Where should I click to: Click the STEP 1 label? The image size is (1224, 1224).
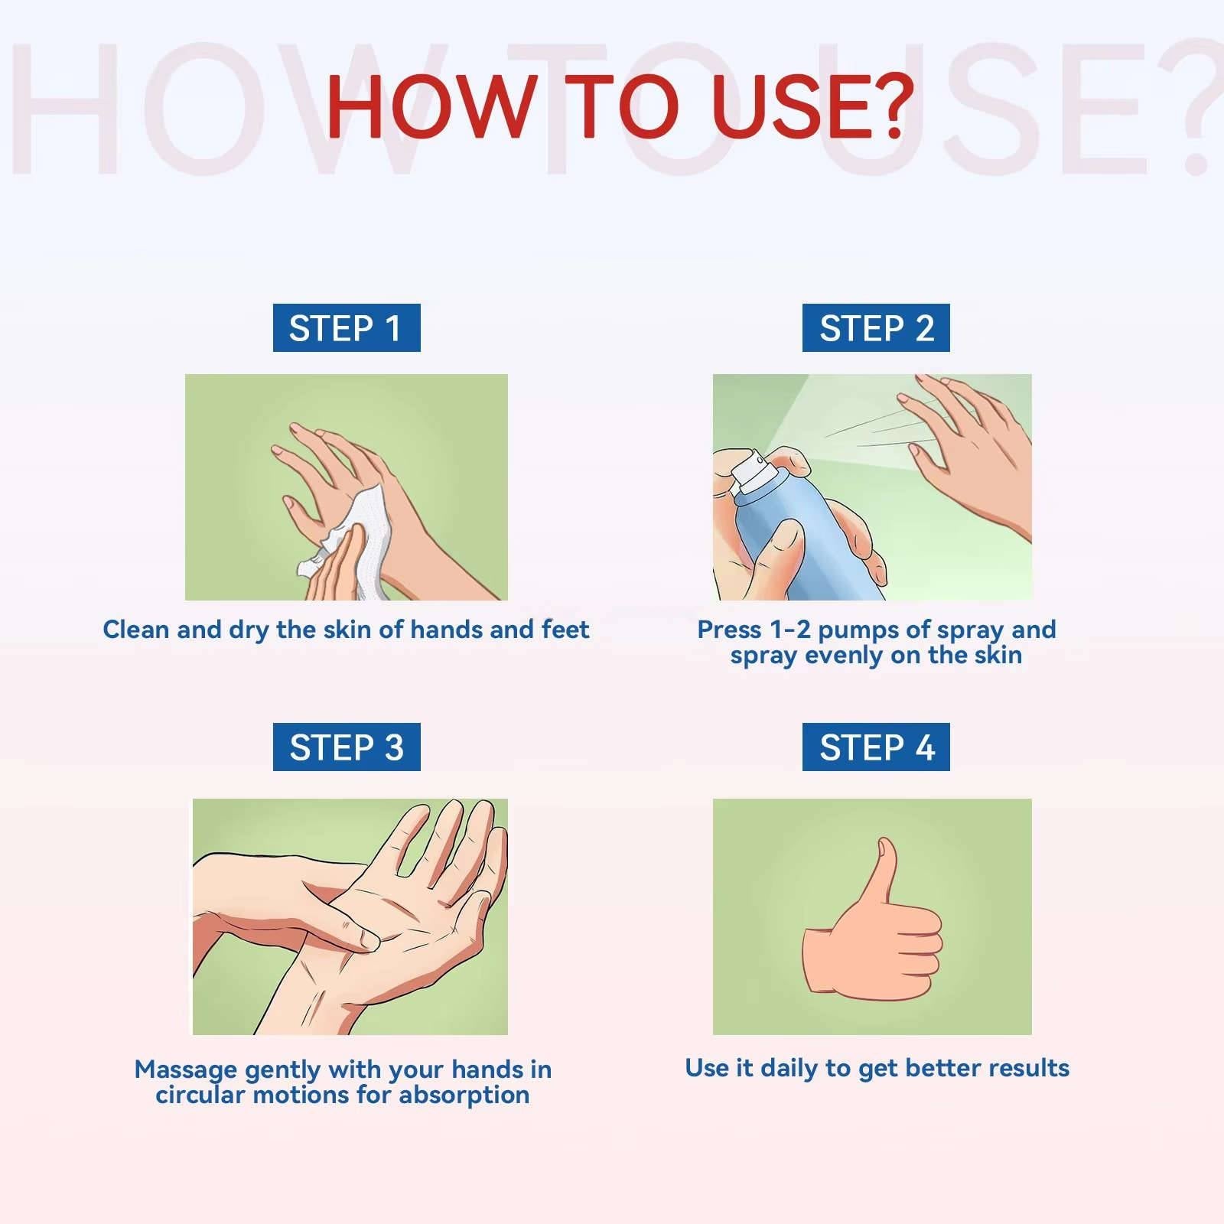pyautogui.click(x=347, y=328)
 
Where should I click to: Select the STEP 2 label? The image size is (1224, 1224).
pyautogui.click(x=876, y=328)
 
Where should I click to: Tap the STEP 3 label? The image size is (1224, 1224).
pyautogui.click(x=347, y=747)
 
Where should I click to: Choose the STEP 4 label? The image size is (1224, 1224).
pyautogui.click(x=876, y=747)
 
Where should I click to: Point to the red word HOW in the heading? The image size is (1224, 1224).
pyautogui.click(x=430, y=106)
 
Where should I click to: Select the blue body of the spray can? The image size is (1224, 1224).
pyautogui.click(x=799, y=535)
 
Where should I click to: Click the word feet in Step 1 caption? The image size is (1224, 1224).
pyautogui.click(x=565, y=629)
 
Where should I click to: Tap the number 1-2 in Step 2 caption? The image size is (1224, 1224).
pyautogui.click(x=790, y=630)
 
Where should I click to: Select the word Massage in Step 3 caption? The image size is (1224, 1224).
pyautogui.click(x=186, y=1069)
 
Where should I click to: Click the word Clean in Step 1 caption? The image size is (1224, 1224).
pyautogui.click(x=136, y=629)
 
